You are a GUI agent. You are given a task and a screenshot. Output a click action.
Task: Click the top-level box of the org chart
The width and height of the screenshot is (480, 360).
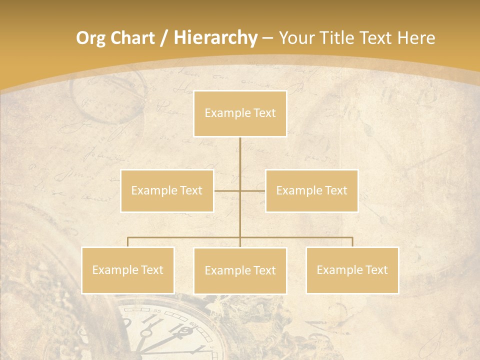coord(240,113)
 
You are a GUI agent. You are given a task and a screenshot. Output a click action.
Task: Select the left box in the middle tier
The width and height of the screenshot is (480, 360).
coord(167,190)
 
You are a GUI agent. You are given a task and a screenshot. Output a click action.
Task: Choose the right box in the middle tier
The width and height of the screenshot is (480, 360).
coord(311,190)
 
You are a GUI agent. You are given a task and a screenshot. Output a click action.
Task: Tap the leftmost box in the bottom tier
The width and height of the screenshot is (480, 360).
coord(128,270)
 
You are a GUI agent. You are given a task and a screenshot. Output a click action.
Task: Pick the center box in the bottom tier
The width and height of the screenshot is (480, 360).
coord(240,270)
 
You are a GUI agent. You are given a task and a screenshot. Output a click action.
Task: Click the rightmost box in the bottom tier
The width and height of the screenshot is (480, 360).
coord(352,270)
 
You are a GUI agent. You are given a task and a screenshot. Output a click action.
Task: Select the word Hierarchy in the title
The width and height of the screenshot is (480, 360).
coord(215,38)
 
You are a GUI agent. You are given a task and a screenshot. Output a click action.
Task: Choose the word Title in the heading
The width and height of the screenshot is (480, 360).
coord(340,38)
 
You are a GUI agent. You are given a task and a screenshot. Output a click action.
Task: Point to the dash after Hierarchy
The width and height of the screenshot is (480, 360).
coord(267,39)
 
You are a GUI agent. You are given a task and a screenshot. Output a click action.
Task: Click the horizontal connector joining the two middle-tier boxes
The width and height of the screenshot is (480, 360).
coord(227,190)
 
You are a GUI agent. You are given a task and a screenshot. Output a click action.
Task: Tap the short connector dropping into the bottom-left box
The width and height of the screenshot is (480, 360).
coord(128,242)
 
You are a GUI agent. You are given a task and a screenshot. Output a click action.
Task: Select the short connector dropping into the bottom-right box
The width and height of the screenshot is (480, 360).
coord(352,242)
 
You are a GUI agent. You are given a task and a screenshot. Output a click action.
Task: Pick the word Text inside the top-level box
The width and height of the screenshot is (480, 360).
coord(263,113)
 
